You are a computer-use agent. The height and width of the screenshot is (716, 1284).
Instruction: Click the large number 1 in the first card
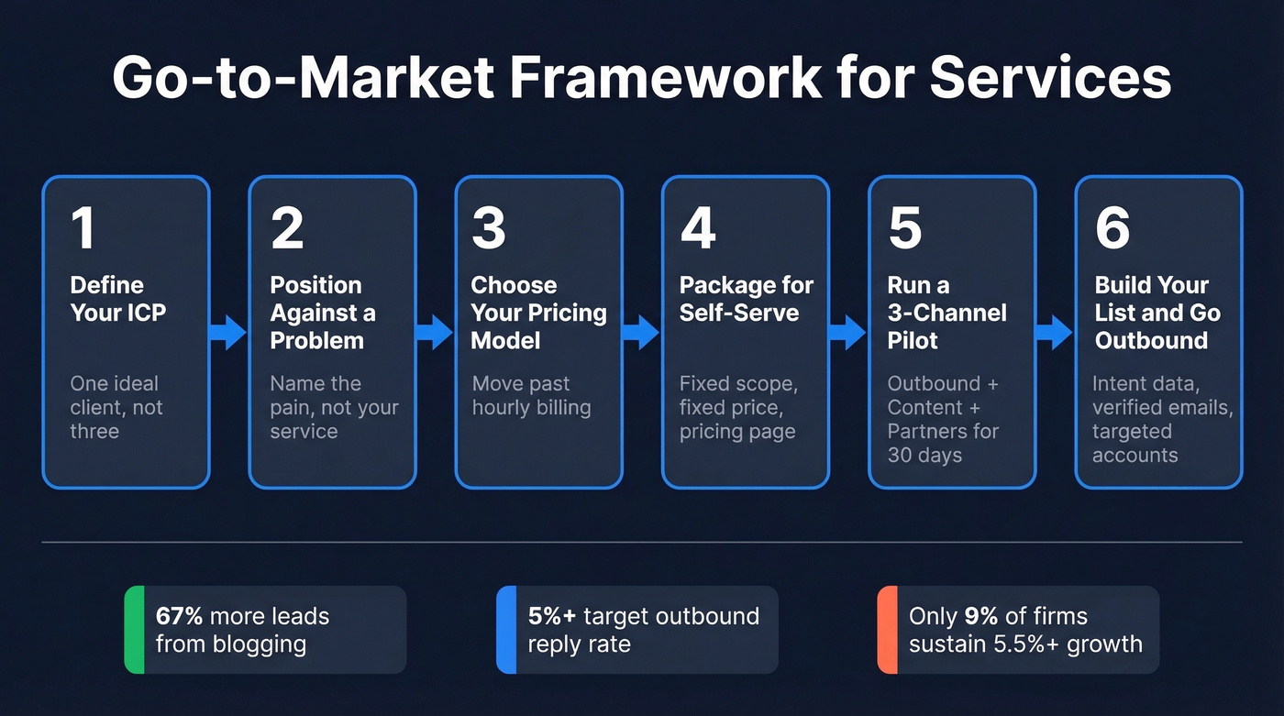[x=83, y=229]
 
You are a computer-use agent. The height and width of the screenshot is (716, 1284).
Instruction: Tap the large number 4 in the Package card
[x=697, y=229]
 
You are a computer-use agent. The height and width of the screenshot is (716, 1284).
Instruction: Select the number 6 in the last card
[x=1112, y=229]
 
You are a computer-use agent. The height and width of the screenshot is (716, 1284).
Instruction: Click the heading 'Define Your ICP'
[x=118, y=299]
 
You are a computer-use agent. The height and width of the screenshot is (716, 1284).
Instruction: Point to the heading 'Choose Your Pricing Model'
[x=538, y=313]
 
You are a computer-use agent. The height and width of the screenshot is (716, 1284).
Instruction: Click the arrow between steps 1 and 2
[x=228, y=333]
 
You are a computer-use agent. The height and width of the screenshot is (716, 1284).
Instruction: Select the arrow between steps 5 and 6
[x=1054, y=333]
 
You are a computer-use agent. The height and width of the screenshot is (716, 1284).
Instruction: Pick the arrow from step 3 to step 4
[x=641, y=333]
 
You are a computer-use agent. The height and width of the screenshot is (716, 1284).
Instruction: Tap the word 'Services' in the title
[x=1050, y=79]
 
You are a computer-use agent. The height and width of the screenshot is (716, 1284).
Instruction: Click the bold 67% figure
[x=179, y=616]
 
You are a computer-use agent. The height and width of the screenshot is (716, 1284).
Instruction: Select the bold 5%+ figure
[x=552, y=616]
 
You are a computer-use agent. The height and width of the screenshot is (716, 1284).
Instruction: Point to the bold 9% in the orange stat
[x=980, y=616]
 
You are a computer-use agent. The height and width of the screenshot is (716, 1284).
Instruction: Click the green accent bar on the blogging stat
[x=134, y=630]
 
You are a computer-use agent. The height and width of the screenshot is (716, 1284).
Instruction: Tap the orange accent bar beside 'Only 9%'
[x=886, y=630]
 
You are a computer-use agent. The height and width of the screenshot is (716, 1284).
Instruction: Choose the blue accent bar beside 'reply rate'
[x=505, y=630]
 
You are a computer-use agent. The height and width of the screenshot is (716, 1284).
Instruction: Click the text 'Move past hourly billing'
[x=531, y=395]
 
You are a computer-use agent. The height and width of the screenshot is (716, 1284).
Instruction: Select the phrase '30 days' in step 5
[x=924, y=456]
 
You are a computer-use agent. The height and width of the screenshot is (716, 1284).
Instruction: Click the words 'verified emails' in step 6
[x=1161, y=407]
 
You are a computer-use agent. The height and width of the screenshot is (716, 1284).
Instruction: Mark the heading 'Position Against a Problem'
[x=322, y=313]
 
